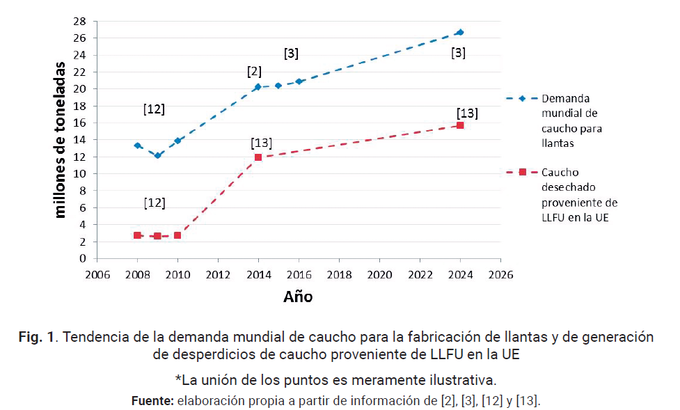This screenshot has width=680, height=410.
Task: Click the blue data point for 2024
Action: (x=460, y=32)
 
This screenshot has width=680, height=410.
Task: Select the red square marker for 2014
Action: (x=258, y=157)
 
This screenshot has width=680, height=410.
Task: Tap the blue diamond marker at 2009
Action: (x=157, y=155)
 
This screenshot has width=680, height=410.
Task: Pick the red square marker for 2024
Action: (x=460, y=125)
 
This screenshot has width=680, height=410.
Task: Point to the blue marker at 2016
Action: (x=299, y=81)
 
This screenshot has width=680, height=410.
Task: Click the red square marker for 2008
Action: (x=137, y=235)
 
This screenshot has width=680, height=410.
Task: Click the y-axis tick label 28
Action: (x=81, y=21)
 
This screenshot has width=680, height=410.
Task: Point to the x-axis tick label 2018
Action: (x=339, y=274)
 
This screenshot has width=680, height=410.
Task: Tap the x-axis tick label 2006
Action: (x=97, y=274)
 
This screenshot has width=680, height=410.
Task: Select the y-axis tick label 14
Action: (x=81, y=140)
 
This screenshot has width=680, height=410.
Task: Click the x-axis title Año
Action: (x=298, y=297)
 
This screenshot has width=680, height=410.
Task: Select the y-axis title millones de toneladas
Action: (x=61, y=139)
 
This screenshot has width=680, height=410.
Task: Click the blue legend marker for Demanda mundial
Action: (x=522, y=98)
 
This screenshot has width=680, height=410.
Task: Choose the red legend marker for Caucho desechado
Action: (x=522, y=172)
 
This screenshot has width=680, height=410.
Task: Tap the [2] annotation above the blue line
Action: (x=254, y=72)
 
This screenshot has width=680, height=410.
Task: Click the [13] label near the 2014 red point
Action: (x=261, y=143)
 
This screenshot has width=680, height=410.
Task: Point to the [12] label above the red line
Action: (x=154, y=203)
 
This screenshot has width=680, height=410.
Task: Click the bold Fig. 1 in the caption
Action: (x=38, y=338)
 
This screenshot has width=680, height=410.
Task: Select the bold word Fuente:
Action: (x=152, y=401)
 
